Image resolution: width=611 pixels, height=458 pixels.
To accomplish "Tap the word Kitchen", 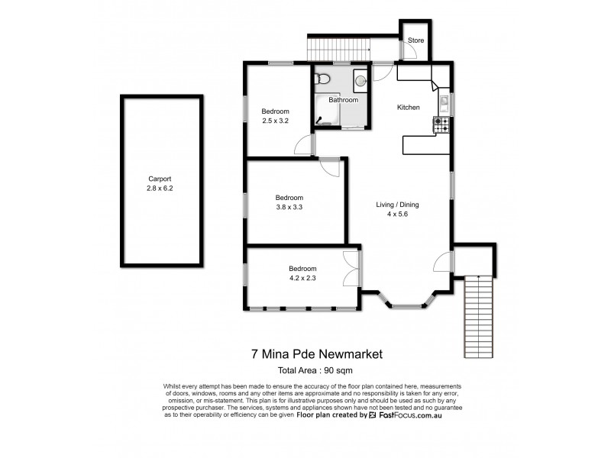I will point(408,108).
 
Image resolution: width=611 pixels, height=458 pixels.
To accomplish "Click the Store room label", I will point(415,40).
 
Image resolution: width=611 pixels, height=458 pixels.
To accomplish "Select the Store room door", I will point(409,53).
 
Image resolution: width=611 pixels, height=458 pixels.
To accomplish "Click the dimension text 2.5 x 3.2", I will point(276,121).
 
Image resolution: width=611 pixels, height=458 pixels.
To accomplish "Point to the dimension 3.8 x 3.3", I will point(289,206).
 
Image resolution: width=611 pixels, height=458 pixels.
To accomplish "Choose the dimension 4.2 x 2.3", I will point(302,279).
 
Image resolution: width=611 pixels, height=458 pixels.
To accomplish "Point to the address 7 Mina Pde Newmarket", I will point(316,353).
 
